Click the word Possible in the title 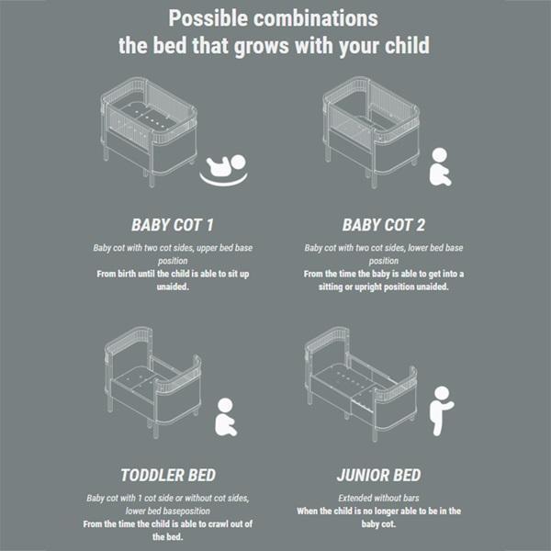pyautogui.click(x=208, y=18)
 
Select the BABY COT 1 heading pyautogui.click(x=173, y=225)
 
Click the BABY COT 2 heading pyautogui.click(x=383, y=225)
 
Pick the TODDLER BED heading pyautogui.click(x=168, y=476)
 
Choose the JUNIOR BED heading pyautogui.click(x=378, y=476)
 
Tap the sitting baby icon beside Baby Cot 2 pyautogui.click(x=440, y=167)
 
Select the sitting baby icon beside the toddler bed pyautogui.click(x=226, y=417)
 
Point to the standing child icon pyautogui.click(x=441, y=411)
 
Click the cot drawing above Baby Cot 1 pyautogui.click(x=149, y=131)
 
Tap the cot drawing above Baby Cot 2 pyautogui.click(x=371, y=131)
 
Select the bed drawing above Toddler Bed pyautogui.click(x=152, y=382)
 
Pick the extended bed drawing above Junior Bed pyautogui.click(x=361, y=384)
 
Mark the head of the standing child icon pyautogui.click(x=442, y=393)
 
